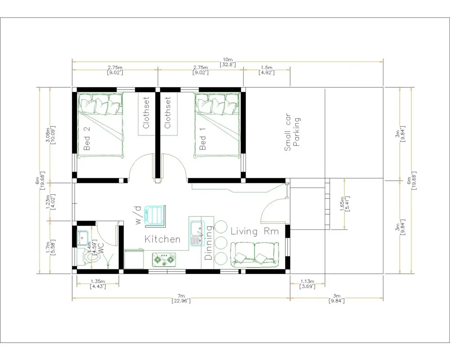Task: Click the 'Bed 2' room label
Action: pos(87,138)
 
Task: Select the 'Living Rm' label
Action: pos(254,232)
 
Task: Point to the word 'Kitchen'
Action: pos(163,240)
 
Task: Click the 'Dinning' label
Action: pos(209,243)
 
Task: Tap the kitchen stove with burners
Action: pos(164,260)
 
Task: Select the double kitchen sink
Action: pos(196,233)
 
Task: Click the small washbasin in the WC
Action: pos(82,237)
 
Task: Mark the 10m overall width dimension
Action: pos(228,62)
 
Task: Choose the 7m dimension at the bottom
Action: pos(181,298)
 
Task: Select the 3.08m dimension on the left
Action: pos(49,135)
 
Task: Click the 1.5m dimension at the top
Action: pos(267,70)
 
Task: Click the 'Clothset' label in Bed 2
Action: pos(146,113)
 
